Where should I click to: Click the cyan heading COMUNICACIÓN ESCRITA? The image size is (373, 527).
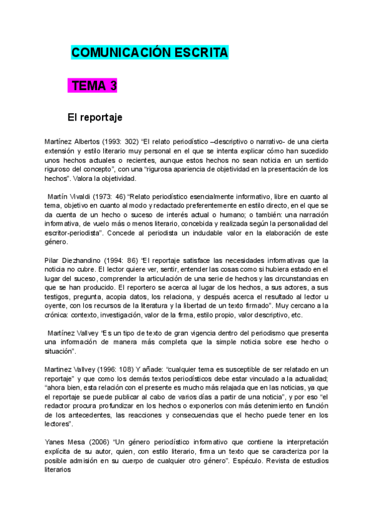click(x=150, y=53)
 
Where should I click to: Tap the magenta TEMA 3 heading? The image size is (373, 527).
click(x=94, y=86)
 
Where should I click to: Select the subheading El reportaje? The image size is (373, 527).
click(x=94, y=116)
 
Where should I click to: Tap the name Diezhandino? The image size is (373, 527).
click(x=82, y=260)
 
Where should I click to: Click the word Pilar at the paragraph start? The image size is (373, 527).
click(x=54, y=260)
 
